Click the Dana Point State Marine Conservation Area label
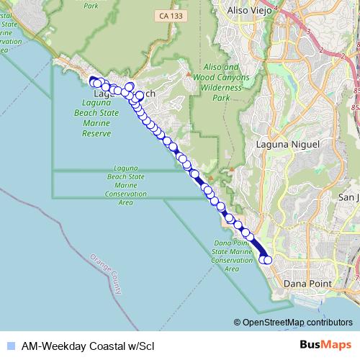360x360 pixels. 231,256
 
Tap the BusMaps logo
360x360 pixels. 325,345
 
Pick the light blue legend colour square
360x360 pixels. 9,346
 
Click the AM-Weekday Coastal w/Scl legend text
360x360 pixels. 87,346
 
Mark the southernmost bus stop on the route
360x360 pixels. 269,260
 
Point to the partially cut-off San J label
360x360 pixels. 348,196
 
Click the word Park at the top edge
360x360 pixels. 91,5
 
